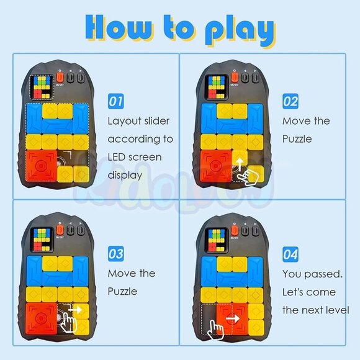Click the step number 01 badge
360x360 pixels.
pos(115,101)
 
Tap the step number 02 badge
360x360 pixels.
pos(290,101)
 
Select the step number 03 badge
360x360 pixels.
pos(116,253)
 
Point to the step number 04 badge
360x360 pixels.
pos(290,253)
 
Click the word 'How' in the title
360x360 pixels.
pos(118,29)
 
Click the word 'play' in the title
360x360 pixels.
pos(240,30)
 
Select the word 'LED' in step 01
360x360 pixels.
pos(119,157)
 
